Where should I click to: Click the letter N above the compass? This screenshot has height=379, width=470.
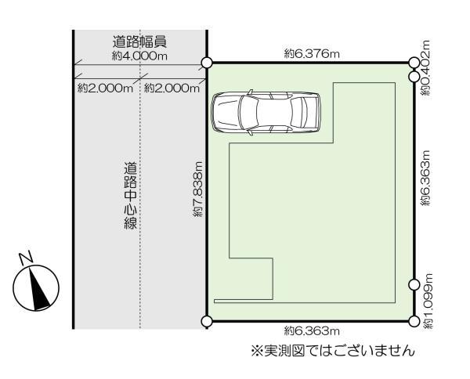coord(26,257)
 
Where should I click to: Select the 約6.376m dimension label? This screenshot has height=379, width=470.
coord(311,53)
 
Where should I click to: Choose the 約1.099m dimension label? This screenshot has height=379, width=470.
coord(426,301)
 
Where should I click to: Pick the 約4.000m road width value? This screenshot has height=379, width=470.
coord(140,56)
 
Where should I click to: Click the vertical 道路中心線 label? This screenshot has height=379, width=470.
coord(130,196)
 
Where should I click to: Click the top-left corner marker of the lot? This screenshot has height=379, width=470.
coord(207,63)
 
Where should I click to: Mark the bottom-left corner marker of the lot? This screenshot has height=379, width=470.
coord(207,321)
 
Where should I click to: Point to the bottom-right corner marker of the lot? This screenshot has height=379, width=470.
coord(414,321)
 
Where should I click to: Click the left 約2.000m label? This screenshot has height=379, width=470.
coord(106,88)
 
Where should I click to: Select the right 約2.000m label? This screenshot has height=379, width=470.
coord(173,88)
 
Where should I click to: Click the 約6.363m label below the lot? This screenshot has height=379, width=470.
coord(311,331)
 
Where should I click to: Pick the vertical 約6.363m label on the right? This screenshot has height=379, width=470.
coord(426,179)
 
